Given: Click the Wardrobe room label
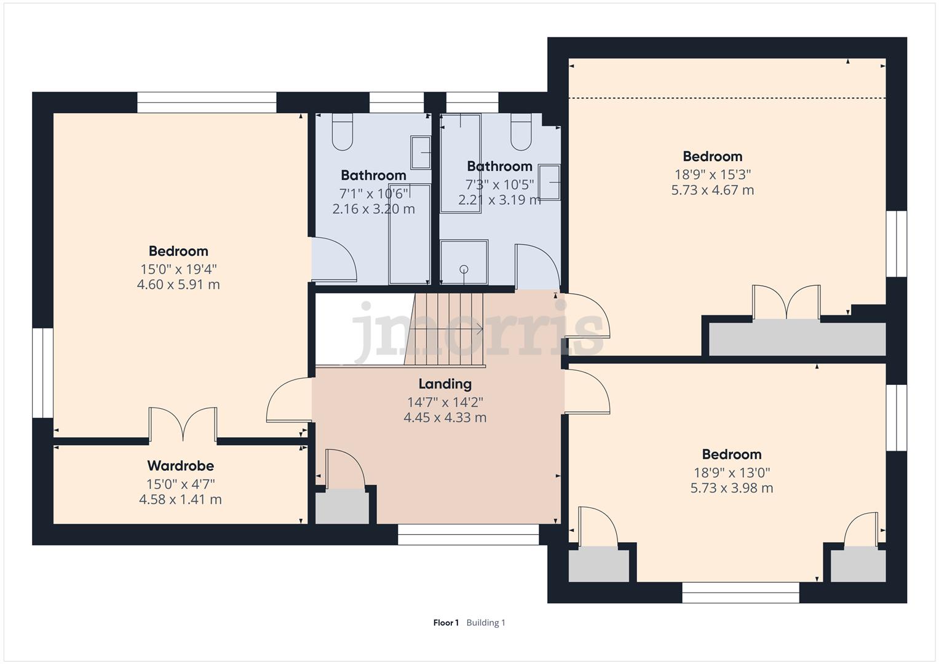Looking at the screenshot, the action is (x=181, y=466).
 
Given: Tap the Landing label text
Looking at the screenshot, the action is (x=445, y=384).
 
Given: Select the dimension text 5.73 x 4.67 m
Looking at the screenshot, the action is (x=713, y=191).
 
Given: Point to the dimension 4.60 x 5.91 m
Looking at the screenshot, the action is (x=178, y=285).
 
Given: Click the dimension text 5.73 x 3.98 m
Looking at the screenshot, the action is (x=732, y=488).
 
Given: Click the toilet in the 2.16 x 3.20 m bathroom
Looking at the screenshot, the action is (x=343, y=132).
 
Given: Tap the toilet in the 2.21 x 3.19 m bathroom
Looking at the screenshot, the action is (x=521, y=132).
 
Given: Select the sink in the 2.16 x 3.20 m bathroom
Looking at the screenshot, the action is (x=421, y=152).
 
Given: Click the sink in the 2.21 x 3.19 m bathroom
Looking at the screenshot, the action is (x=550, y=183).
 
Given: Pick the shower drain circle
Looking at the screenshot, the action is (x=464, y=269).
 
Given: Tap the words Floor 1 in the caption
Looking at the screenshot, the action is (x=446, y=623).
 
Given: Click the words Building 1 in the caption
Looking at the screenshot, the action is (x=486, y=623).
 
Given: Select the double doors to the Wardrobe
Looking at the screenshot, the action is (x=183, y=424).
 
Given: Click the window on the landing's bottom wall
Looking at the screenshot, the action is (x=468, y=534).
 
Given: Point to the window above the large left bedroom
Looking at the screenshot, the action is (x=207, y=102).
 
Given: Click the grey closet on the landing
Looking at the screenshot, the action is (x=342, y=508).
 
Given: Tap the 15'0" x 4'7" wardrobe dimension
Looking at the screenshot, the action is (x=181, y=484).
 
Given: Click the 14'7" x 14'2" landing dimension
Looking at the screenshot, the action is (x=445, y=403).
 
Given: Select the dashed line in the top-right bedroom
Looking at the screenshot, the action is (x=727, y=98).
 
